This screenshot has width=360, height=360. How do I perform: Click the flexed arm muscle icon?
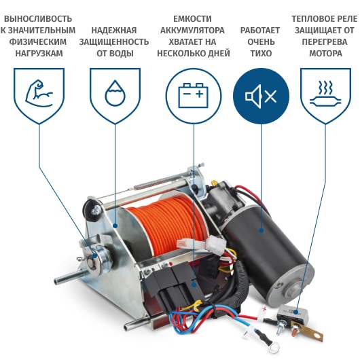(39, 93)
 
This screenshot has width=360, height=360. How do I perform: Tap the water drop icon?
(115, 93)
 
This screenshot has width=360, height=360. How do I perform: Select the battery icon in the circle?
(194, 95)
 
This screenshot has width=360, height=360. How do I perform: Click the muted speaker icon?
(261, 96)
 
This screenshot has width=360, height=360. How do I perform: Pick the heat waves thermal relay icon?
(325, 93)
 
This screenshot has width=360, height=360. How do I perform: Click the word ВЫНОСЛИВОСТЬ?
(38, 19)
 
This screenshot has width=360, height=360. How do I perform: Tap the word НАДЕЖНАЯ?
(114, 31)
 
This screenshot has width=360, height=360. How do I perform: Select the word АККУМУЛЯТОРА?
(192, 31)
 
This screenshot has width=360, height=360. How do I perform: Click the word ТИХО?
(261, 54)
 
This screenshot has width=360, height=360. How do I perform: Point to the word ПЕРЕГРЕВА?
(325, 42)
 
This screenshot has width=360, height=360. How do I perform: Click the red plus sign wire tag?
(264, 310)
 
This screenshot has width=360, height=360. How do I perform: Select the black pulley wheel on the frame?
(91, 210)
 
